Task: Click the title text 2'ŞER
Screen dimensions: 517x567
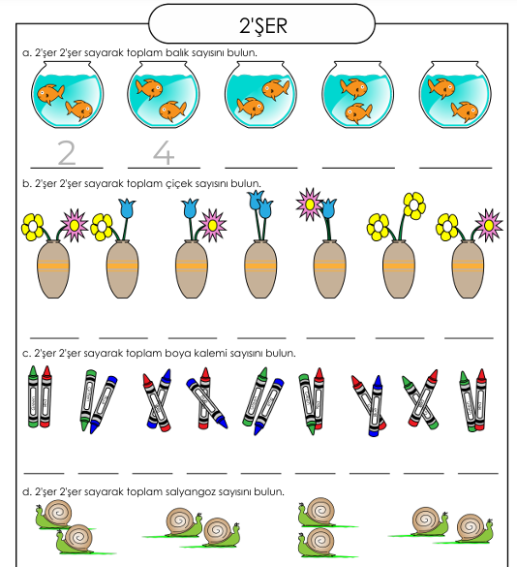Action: pos(263,26)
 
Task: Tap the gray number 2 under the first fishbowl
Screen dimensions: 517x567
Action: pos(67,153)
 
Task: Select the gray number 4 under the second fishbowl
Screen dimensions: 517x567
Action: pos(164,153)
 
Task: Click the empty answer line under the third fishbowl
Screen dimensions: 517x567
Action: pos(260,168)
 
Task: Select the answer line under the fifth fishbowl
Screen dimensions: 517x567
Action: pos(456,168)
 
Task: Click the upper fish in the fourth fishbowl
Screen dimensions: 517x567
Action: pos(353,88)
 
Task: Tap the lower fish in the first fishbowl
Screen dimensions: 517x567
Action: pos(78,110)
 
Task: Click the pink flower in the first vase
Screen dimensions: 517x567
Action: pos(74,225)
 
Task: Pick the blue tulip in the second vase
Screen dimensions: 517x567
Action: pos(127,208)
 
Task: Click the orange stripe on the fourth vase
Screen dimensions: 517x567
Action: pos(260,267)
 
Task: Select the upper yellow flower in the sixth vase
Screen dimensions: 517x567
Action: pos(414,205)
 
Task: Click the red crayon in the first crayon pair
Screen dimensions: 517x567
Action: pos(46,396)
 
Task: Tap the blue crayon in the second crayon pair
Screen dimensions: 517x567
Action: pos(104,403)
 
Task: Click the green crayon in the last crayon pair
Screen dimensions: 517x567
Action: pos(468,401)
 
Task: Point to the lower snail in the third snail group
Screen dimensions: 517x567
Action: pos(318,543)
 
